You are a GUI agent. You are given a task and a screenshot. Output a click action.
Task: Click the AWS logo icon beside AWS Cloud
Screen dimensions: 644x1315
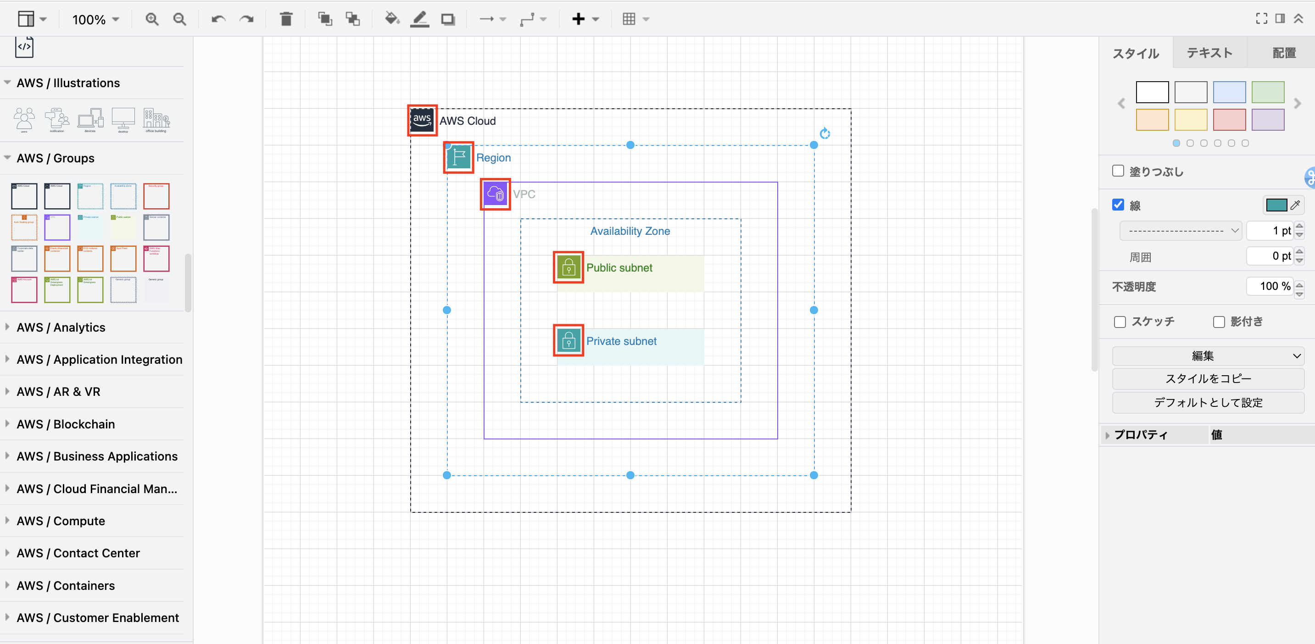click(x=422, y=121)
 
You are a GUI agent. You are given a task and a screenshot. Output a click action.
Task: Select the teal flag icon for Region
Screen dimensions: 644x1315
click(x=458, y=157)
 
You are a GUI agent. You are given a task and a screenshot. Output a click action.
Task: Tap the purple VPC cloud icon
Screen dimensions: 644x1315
click(x=495, y=194)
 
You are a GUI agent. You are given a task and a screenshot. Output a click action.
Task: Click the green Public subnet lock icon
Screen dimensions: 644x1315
click(x=568, y=267)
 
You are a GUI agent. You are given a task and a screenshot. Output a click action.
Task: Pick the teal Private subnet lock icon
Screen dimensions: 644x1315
click(x=568, y=340)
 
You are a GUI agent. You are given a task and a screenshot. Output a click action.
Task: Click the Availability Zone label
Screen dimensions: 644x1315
click(x=630, y=231)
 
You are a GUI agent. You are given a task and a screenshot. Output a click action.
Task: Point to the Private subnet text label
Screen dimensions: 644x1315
click(x=621, y=341)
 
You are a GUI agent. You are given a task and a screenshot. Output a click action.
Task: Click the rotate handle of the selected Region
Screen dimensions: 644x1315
click(x=825, y=133)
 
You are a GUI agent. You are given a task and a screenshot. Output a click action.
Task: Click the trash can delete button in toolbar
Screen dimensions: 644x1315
click(x=286, y=19)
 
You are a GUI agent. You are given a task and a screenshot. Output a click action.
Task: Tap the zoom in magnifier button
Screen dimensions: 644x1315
click(x=151, y=19)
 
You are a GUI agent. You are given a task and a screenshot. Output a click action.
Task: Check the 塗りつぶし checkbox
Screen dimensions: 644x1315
click(x=1118, y=171)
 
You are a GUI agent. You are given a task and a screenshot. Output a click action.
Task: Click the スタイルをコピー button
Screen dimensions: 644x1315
click(x=1207, y=378)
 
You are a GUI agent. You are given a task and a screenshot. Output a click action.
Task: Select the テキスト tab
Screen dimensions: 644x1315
click(x=1209, y=53)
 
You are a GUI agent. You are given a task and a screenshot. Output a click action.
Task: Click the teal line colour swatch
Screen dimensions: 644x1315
click(x=1276, y=205)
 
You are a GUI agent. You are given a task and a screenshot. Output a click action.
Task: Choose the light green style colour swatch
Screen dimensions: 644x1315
click(x=1268, y=92)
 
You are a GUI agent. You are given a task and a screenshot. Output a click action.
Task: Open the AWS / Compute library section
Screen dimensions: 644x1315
click(x=61, y=521)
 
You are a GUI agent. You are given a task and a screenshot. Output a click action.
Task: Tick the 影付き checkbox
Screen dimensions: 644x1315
click(x=1219, y=322)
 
